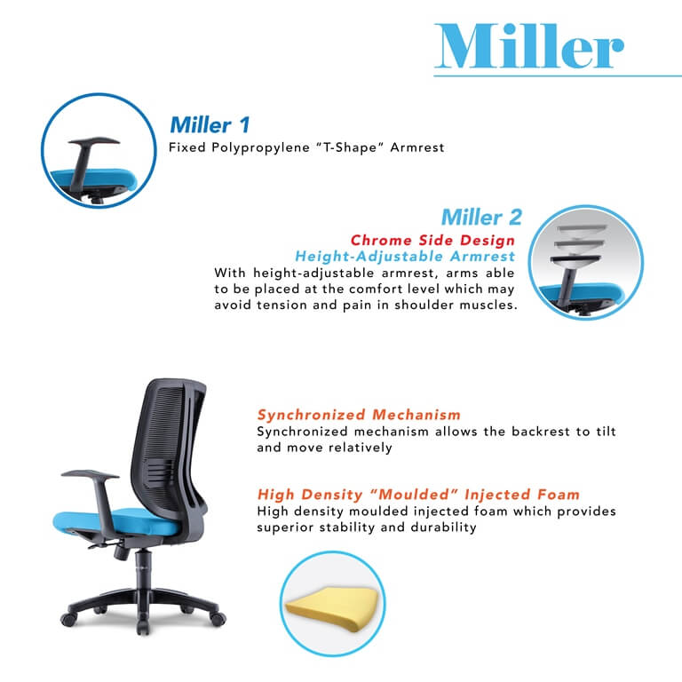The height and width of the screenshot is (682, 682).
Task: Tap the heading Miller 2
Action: (x=481, y=217)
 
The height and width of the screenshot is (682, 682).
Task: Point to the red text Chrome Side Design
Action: (x=432, y=241)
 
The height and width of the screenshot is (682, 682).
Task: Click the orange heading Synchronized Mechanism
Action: (x=359, y=415)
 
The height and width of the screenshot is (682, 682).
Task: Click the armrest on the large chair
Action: (x=90, y=475)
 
